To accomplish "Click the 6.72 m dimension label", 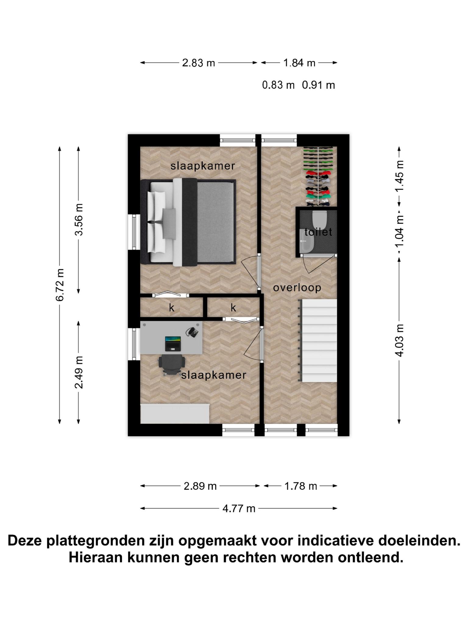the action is (x=60, y=285).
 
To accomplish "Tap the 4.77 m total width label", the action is (x=239, y=508).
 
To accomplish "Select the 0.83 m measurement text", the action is (x=278, y=85).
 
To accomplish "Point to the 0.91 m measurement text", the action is (x=318, y=85).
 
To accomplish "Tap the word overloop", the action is (x=297, y=288).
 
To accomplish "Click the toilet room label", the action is (x=318, y=232).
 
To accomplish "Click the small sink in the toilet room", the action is (x=307, y=241).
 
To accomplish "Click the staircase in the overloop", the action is (x=317, y=340).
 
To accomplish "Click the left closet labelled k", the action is (x=172, y=307).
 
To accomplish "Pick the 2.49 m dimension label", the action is (x=79, y=372).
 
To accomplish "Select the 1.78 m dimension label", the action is (x=301, y=486).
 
